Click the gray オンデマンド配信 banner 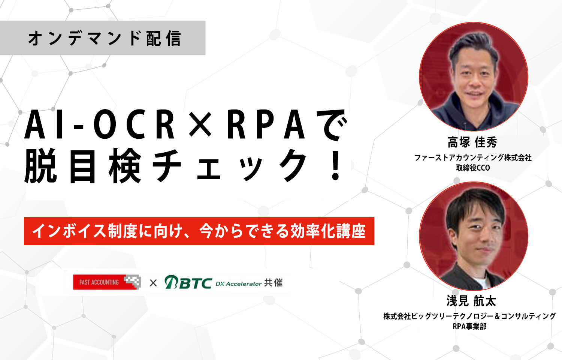coord(103,38)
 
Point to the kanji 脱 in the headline coord(40,166)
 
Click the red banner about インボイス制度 coord(199,231)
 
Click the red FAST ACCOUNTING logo coord(107,282)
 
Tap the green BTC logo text coord(188,282)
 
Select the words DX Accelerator coord(239,284)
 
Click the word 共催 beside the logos coord(273,283)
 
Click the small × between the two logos coord(153,283)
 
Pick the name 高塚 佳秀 coord(472,142)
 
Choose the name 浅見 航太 coord(471,301)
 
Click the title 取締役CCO coord(473,168)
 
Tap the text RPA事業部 coord(469,326)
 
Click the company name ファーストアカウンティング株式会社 coord(473,157)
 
